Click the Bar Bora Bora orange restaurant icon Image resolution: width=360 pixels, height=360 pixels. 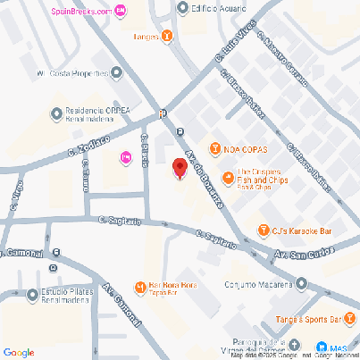pos(140,287)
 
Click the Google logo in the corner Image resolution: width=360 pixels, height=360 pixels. pos(18,352)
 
